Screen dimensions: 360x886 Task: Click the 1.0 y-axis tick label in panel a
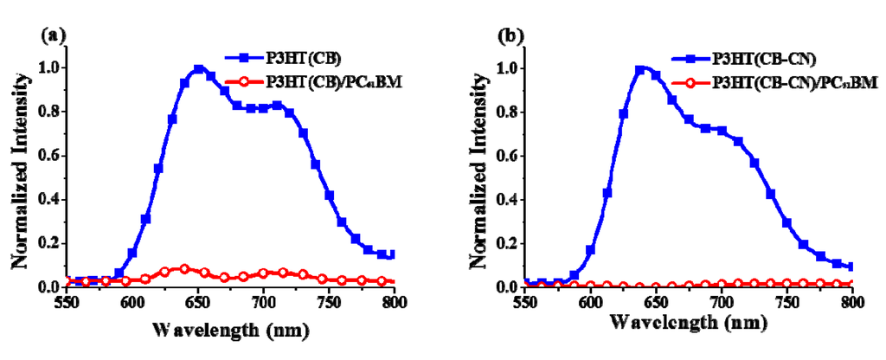point(53,67)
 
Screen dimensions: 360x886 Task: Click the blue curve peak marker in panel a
point(198,69)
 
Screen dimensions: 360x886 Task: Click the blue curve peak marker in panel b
point(641,70)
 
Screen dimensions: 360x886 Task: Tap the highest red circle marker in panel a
point(184,268)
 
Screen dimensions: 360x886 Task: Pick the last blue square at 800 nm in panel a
point(391,254)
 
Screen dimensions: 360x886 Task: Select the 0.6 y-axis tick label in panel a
point(53,155)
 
